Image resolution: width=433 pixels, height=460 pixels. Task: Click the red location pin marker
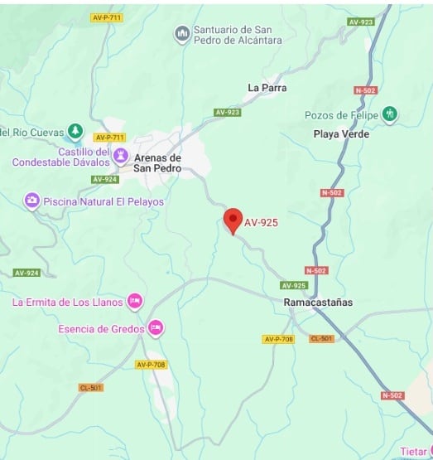point(233,220)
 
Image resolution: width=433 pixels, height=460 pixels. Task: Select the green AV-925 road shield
point(294,285)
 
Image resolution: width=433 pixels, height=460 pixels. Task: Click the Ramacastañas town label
point(317,303)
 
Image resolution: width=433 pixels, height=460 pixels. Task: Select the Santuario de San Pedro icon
point(182,34)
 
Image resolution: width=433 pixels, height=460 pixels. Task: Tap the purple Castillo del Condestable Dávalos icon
point(121,156)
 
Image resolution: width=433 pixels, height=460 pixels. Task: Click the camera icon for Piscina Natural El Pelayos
point(31,201)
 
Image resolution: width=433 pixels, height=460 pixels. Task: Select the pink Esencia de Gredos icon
point(155,328)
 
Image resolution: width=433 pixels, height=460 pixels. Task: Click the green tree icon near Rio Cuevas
point(75,131)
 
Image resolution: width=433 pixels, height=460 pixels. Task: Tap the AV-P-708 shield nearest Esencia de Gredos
point(151,365)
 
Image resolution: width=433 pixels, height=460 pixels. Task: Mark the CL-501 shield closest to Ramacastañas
point(322,339)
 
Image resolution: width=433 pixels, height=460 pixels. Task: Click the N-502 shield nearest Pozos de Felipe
point(364,90)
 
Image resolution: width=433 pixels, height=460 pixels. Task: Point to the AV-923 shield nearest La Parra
point(227,112)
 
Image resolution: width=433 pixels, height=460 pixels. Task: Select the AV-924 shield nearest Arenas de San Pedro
point(105,179)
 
